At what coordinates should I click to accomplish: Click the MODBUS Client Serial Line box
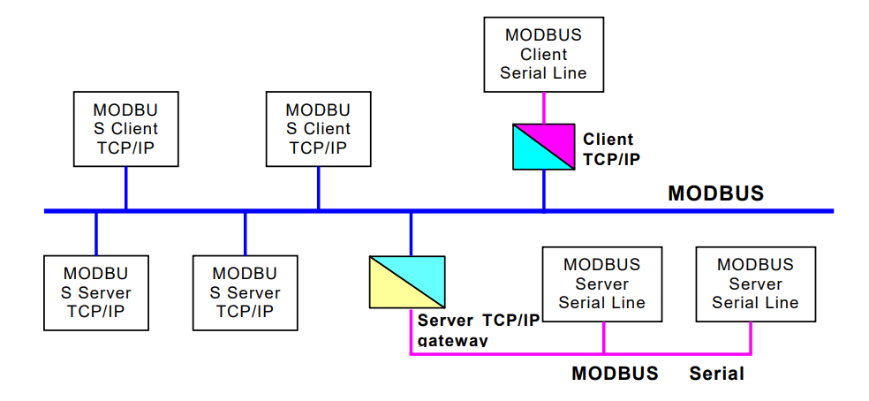[543, 54]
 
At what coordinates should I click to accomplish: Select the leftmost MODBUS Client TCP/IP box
[125, 129]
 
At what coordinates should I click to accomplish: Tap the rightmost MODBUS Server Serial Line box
[755, 284]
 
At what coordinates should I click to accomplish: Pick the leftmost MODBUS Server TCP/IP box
[95, 292]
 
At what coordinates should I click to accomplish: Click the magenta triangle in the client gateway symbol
[555, 135]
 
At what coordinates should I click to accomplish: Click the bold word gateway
[452, 340]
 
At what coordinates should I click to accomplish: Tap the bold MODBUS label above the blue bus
[715, 193]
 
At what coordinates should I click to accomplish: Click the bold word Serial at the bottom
[716, 374]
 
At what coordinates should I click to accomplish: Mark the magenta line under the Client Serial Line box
[543, 108]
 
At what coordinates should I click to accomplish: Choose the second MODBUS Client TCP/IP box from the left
[318, 129]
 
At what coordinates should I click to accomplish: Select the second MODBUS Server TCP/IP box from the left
[245, 292]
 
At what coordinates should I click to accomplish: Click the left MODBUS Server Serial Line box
[602, 284]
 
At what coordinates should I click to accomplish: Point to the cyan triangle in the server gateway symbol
[421, 272]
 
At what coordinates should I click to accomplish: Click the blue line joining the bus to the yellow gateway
[411, 234]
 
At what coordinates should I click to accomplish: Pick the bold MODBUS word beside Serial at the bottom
[615, 374]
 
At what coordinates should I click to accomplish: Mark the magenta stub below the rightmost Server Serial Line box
[752, 338]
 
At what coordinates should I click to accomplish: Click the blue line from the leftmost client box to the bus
[125, 188]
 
